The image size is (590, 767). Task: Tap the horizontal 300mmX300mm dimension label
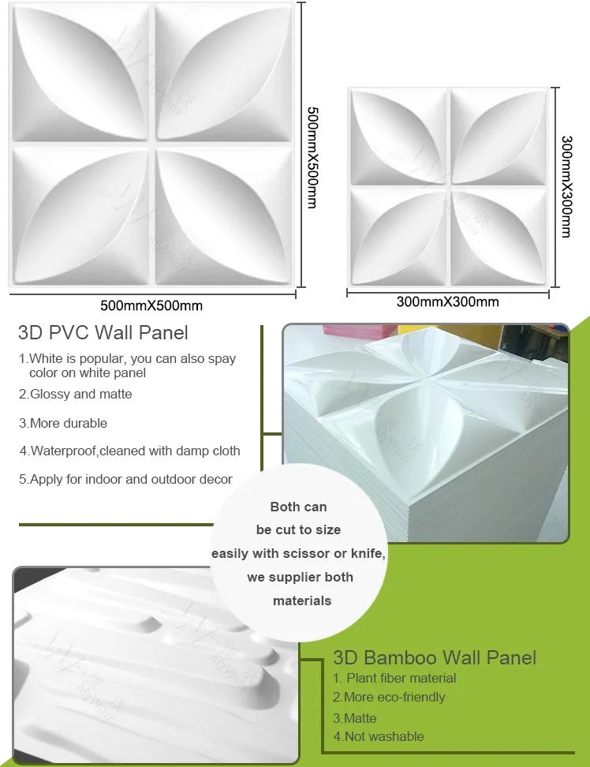point(447,302)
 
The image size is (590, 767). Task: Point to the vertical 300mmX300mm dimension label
point(566,186)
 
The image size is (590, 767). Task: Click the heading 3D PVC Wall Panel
point(103,333)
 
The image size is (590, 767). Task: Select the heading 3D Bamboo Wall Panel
point(435,657)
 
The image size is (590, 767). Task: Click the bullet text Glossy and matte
point(76,394)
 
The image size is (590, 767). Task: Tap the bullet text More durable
point(63,423)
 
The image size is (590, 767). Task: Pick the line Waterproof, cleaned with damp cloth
point(130,451)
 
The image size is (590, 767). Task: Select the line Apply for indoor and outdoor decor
point(126,479)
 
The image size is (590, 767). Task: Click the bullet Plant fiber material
point(394,678)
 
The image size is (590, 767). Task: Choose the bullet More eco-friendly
point(389,698)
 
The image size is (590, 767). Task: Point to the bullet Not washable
point(379,736)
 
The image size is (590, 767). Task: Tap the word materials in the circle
point(302,601)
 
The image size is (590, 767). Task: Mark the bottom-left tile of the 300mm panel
point(398,234)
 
